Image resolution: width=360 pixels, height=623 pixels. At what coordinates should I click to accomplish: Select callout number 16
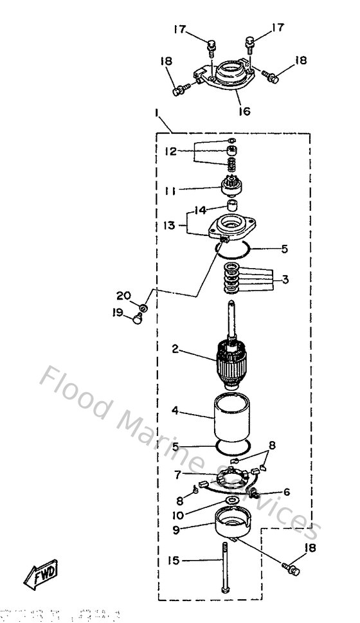click(x=244, y=111)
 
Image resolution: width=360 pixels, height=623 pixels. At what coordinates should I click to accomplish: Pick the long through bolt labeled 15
click(x=226, y=568)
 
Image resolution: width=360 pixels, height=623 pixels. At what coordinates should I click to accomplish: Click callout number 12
click(x=170, y=152)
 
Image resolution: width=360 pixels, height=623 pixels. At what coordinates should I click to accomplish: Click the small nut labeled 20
click(x=144, y=309)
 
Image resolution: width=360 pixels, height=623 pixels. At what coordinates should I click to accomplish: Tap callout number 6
click(x=287, y=492)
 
